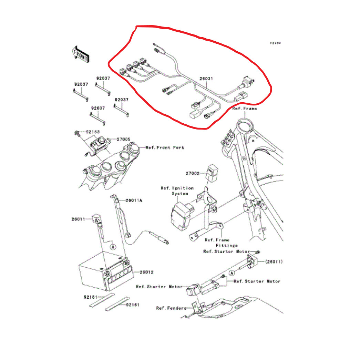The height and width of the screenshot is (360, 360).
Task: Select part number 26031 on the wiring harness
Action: pos(206,79)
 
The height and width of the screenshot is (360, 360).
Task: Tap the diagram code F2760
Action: pos(275,43)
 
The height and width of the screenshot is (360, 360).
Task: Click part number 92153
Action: pos(92,132)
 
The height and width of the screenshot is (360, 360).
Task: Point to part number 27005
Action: pos(123,139)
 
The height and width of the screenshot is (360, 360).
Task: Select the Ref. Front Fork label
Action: pos(165,147)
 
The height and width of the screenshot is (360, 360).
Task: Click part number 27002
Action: pos(192,174)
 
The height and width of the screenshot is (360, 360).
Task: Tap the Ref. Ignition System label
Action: pos(177,191)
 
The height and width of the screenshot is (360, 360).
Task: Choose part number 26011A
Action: pos(134,200)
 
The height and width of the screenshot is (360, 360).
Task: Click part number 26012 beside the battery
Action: pos(146,272)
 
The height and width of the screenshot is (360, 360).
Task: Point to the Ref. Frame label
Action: pos(245,109)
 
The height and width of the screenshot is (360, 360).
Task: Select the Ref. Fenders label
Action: pos(171,308)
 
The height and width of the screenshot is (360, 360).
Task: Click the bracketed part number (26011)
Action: pos(274,262)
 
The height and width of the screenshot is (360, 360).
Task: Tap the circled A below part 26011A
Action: pos(112,247)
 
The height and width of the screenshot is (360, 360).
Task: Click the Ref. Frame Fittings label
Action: pos(222,243)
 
